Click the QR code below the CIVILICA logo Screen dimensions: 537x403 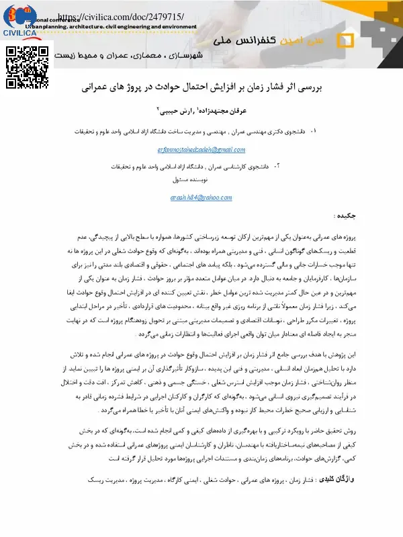[28, 67]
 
